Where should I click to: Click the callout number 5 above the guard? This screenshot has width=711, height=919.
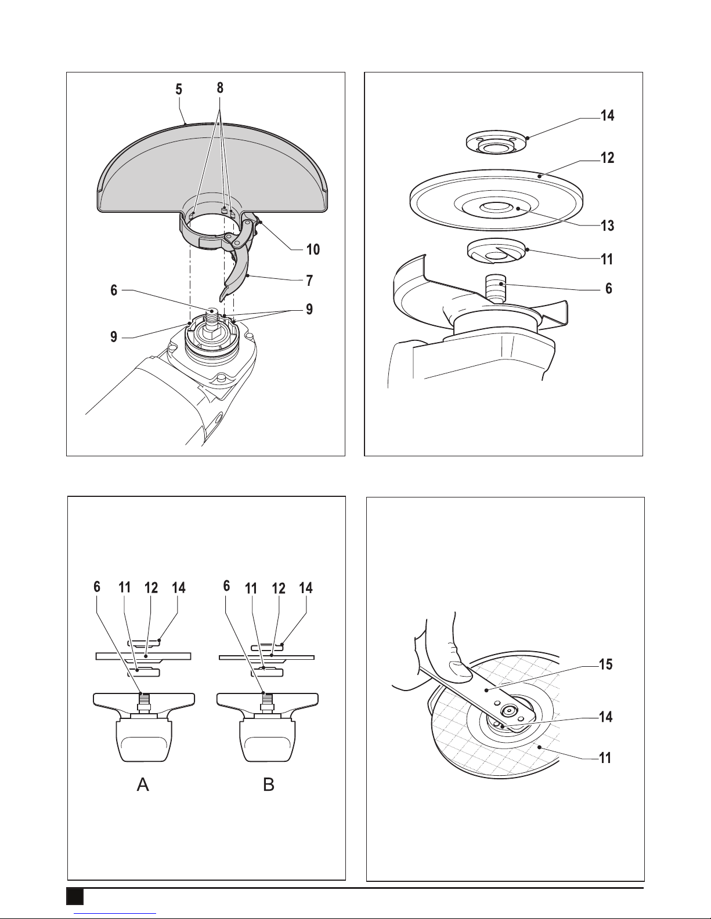(179, 90)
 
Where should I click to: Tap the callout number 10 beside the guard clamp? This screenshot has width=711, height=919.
(313, 249)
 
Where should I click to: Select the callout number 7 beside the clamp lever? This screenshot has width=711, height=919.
(310, 281)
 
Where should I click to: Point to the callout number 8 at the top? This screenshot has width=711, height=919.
(220, 88)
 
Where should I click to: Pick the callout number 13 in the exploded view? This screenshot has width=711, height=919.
(607, 226)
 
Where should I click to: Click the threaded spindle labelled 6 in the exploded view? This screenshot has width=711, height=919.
(496, 288)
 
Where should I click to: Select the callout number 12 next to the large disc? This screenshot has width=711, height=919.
(607, 158)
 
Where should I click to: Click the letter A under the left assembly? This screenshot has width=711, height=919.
(143, 785)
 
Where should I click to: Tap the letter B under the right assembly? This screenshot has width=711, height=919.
(269, 785)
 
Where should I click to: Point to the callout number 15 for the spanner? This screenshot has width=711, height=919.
(605, 664)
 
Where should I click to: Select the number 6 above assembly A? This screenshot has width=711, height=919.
(97, 587)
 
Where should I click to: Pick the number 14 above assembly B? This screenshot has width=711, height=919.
(306, 588)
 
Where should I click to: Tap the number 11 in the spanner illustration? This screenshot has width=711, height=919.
(605, 757)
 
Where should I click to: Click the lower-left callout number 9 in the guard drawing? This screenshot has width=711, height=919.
(113, 337)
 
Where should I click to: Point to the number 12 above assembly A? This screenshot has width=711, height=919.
(151, 588)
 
